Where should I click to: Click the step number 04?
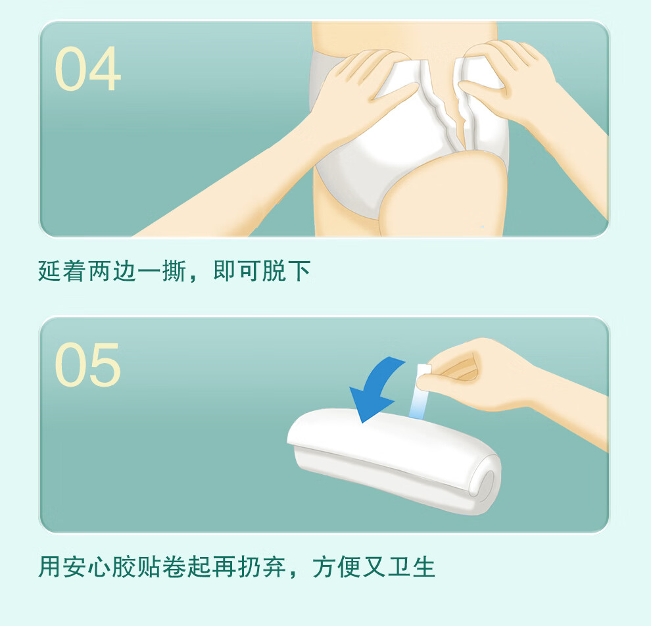(87, 68)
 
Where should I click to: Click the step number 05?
(87, 364)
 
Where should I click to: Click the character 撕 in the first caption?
(174, 271)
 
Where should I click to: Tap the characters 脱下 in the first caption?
(286, 271)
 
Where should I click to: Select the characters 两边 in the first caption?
(112, 271)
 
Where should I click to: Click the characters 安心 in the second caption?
(87, 567)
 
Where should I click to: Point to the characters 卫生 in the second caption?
(411, 567)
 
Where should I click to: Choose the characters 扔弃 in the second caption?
(262, 567)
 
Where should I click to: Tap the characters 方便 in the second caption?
(337, 567)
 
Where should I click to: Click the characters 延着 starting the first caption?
(62, 271)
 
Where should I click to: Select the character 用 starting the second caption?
(50, 567)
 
